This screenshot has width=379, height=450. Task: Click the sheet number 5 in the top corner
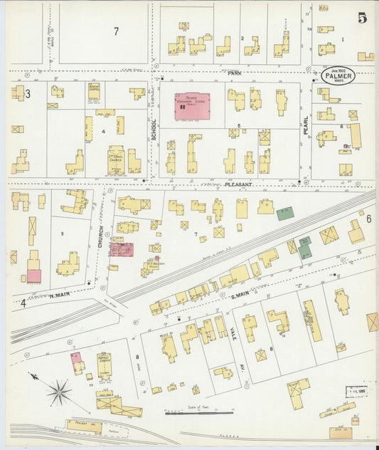tap(363, 19)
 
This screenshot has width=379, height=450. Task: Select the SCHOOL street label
tap(154, 128)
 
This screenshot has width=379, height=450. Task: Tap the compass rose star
tap(59, 391)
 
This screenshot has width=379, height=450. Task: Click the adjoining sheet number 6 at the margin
tap(368, 219)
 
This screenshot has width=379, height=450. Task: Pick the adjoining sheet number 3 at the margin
tap(27, 94)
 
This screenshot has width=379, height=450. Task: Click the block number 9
tap(62, 234)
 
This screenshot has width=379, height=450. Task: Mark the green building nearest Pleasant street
tap(285, 213)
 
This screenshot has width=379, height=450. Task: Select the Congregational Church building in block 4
tap(115, 159)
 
